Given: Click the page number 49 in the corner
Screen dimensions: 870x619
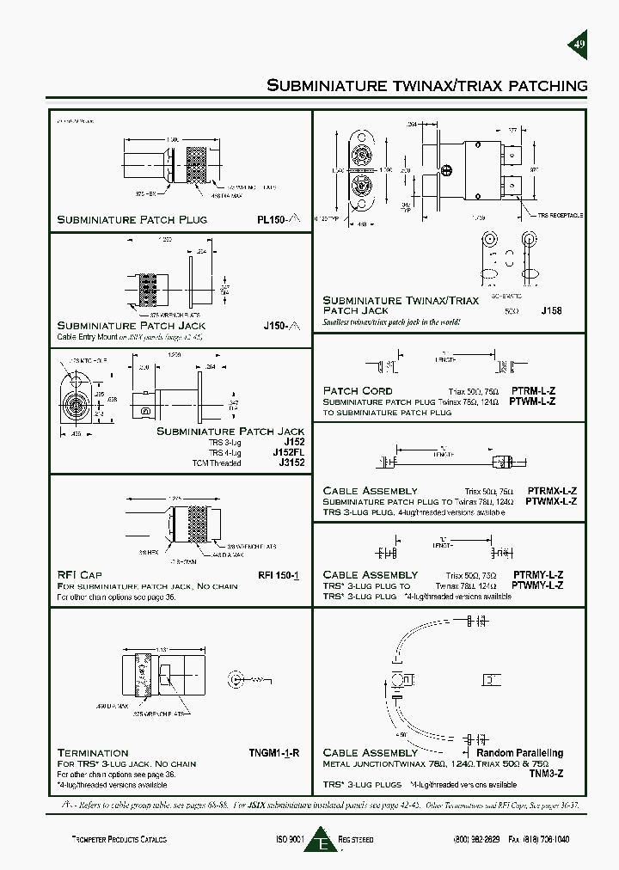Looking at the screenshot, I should [x=579, y=45].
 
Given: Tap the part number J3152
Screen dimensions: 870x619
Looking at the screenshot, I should [x=291, y=463].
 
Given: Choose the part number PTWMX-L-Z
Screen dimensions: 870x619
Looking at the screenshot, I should [x=550, y=501].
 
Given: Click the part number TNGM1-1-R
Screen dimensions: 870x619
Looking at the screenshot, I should [x=273, y=753].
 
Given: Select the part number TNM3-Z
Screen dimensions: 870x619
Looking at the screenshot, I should [x=547, y=774].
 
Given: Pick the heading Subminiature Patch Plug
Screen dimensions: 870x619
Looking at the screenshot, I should [x=132, y=220].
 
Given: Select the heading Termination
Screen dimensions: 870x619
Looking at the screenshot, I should [x=92, y=753].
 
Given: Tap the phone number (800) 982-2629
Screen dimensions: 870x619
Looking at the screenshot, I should [x=477, y=839].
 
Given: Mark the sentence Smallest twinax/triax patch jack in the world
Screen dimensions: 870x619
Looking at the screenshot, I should [x=392, y=322].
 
